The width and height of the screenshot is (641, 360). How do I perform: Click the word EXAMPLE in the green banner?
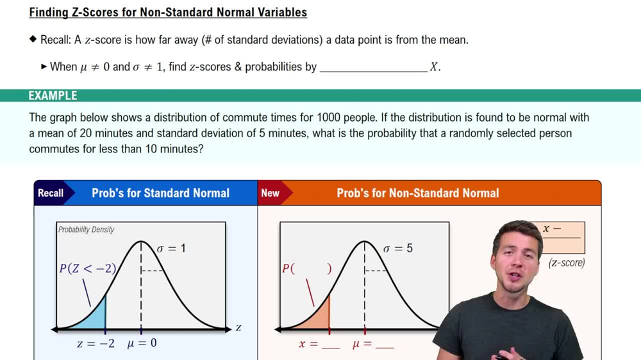(53, 96)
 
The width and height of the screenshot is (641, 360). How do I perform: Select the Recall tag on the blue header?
(51, 193)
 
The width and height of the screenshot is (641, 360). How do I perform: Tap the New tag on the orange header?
(271, 193)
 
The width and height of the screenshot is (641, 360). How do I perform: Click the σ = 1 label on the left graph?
(171, 248)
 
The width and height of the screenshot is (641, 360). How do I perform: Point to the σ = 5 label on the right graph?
(397, 248)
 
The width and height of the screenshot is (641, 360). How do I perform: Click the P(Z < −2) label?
(88, 268)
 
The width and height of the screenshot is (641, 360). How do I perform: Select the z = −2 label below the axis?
(96, 343)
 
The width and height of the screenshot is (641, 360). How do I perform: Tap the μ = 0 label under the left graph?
(142, 343)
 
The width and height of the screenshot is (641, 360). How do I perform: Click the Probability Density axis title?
(86, 229)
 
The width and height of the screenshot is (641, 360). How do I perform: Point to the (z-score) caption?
(567, 262)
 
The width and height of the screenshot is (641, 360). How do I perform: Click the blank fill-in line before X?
(373, 67)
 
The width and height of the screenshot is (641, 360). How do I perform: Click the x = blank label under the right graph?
(319, 344)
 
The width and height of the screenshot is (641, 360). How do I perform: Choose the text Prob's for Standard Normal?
(160, 193)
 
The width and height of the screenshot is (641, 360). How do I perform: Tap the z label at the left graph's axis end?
(238, 328)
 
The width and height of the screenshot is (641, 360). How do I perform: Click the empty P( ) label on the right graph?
(307, 269)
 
